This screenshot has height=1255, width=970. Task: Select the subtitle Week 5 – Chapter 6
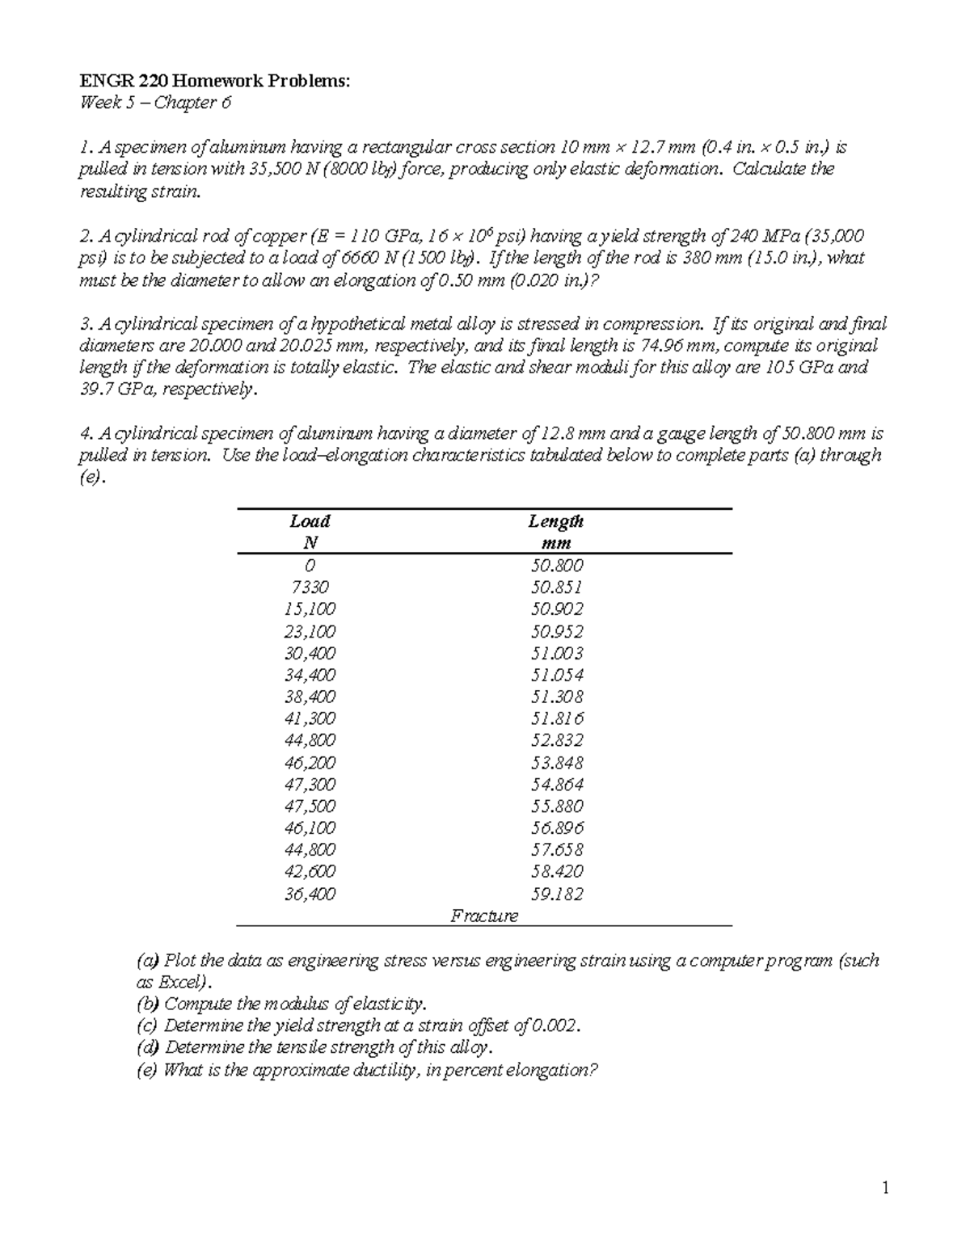tap(154, 103)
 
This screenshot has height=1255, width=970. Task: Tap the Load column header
tap(310, 521)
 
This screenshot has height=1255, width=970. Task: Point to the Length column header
tap(556, 521)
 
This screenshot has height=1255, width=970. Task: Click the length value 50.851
tap(557, 587)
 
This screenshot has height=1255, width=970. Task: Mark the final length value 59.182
tap(557, 894)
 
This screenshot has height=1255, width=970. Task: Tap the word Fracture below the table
tap(484, 916)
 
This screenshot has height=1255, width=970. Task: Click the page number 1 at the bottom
tap(886, 1188)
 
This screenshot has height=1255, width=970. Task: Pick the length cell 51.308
tap(557, 697)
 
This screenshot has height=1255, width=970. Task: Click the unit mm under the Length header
tap(556, 543)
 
